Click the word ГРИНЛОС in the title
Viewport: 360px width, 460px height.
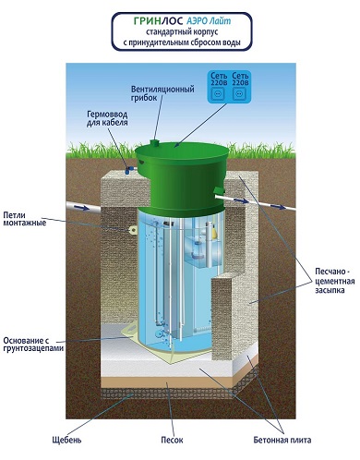tap(159, 21)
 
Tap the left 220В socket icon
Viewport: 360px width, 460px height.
tap(218, 93)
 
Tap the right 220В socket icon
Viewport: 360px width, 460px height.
tap(239, 93)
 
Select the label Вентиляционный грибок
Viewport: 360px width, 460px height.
tap(162, 93)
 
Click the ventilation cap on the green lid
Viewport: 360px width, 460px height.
tap(154, 142)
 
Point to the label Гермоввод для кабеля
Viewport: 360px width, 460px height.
tap(107, 118)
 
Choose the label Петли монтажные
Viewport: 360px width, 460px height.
tap(24, 219)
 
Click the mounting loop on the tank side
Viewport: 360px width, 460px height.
tap(133, 229)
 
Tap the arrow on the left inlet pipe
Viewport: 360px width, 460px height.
tap(82, 208)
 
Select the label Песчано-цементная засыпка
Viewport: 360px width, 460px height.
tap(335, 281)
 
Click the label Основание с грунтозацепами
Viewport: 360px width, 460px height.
tap(33, 345)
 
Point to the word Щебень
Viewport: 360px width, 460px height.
tap(66, 440)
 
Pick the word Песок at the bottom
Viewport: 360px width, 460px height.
tap(172, 440)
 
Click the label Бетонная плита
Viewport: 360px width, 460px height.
tap(282, 440)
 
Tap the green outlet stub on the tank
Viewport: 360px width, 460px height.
tap(219, 190)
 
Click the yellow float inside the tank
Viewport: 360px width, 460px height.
tap(215, 234)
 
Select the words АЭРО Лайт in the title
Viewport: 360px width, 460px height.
tap(209, 21)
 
